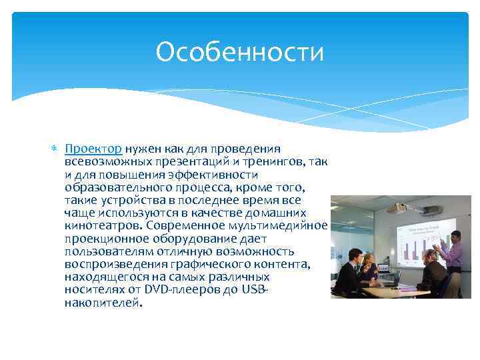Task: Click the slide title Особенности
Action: click(x=239, y=52)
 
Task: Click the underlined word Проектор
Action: click(x=93, y=148)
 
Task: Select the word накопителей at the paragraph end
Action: click(x=103, y=303)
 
